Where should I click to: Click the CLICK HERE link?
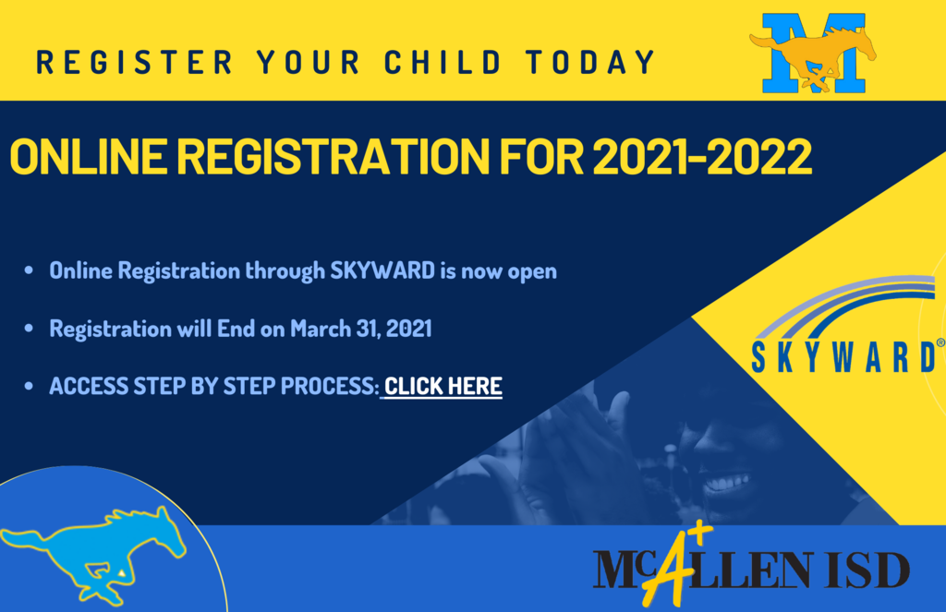pos(443,386)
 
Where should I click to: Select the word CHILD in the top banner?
pos(443,62)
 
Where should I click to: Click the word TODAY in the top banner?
pos(590,62)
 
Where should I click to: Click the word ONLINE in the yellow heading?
pos(89,157)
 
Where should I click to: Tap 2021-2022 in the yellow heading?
pos(702,157)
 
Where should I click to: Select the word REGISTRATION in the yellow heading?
pos(333,157)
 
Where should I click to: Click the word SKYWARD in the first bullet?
pos(382,270)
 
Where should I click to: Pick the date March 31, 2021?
pos(361,329)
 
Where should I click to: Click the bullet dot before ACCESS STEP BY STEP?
pos(29,386)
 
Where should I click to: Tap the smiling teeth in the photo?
pos(728,482)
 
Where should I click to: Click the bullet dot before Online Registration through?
pos(29,270)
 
